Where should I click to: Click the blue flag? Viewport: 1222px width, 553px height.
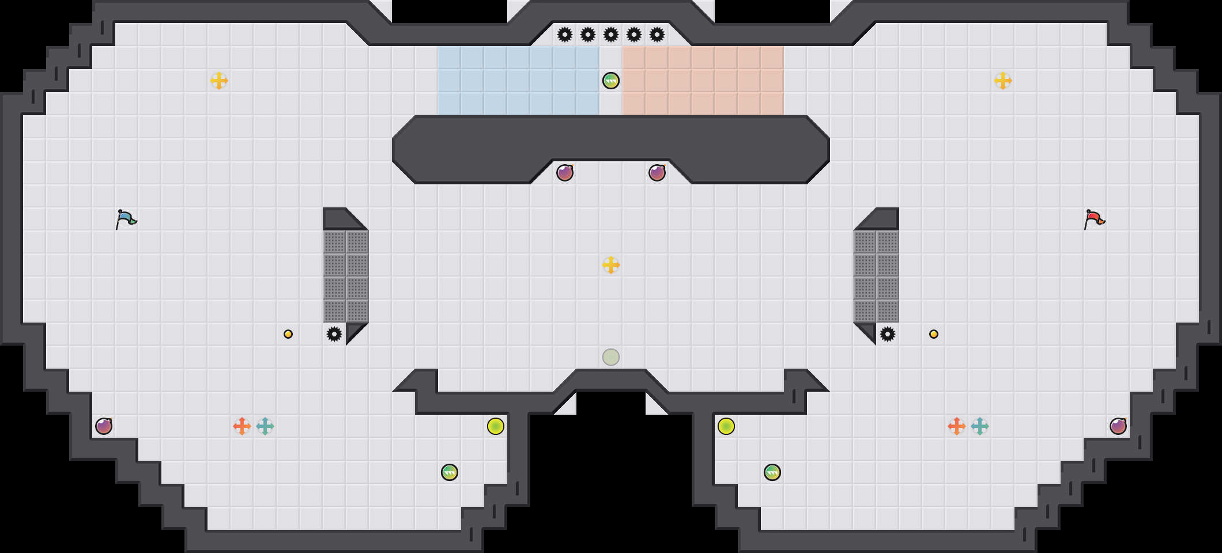(126, 219)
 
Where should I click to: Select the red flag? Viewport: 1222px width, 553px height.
(1094, 219)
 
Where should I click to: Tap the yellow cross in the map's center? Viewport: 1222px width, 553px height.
(611, 265)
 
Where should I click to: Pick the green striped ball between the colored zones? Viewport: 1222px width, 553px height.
(611, 81)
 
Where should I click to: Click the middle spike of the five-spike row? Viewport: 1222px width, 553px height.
(611, 35)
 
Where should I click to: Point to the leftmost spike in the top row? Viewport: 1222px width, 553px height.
(565, 35)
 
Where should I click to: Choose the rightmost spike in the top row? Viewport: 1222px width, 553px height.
(657, 35)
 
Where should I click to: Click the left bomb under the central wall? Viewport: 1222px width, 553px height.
(565, 173)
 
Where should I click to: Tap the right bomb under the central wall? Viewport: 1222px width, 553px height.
(657, 173)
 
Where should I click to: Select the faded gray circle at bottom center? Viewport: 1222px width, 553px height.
(611, 357)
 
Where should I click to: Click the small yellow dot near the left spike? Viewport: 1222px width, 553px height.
(288, 334)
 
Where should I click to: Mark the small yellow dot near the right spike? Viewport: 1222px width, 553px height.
(934, 334)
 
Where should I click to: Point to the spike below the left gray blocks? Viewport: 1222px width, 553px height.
(334, 334)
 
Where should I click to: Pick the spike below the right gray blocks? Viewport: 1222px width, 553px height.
(888, 334)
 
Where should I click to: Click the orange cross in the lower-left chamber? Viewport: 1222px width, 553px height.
(242, 426)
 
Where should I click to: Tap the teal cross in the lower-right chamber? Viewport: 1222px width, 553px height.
(980, 426)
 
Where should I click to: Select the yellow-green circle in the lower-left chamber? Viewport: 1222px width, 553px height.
(496, 426)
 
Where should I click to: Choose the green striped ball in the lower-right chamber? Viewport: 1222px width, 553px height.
(772, 472)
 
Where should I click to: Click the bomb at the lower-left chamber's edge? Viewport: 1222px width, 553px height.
(104, 426)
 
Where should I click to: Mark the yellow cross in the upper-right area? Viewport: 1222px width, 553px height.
(1003, 81)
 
